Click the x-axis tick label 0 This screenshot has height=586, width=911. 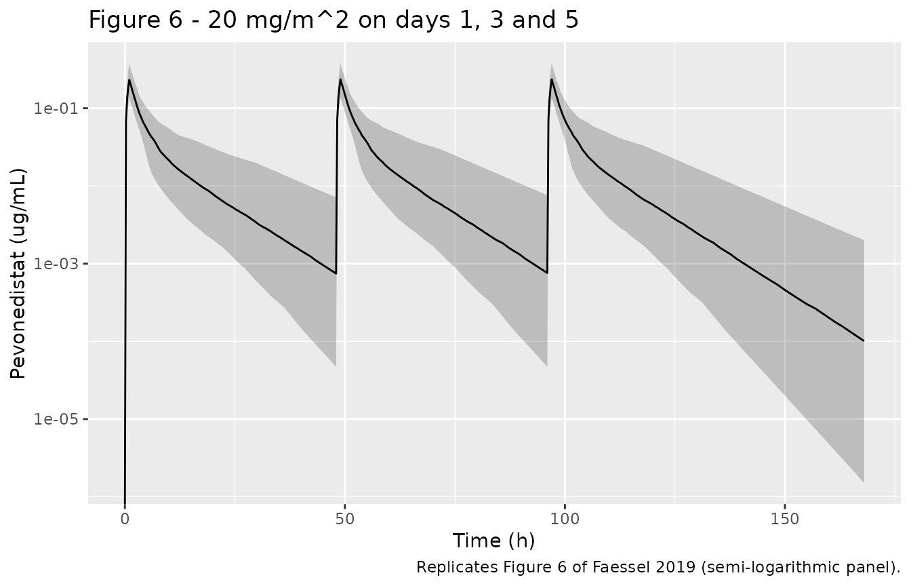point(125,520)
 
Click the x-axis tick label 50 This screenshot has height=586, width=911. point(345,520)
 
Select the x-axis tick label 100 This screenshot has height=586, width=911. point(565,520)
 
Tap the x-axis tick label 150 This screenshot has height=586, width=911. point(785,520)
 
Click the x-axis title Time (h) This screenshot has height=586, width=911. point(493,541)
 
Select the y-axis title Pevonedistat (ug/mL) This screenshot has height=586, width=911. point(18,273)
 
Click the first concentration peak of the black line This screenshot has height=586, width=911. point(129,79)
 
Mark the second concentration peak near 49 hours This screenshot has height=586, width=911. point(340,79)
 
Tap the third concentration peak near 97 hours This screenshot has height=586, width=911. point(552,79)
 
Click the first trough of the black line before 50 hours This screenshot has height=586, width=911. point(336,273)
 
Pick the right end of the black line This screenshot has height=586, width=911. point(864,340)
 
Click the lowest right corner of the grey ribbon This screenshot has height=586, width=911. point(864,483)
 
